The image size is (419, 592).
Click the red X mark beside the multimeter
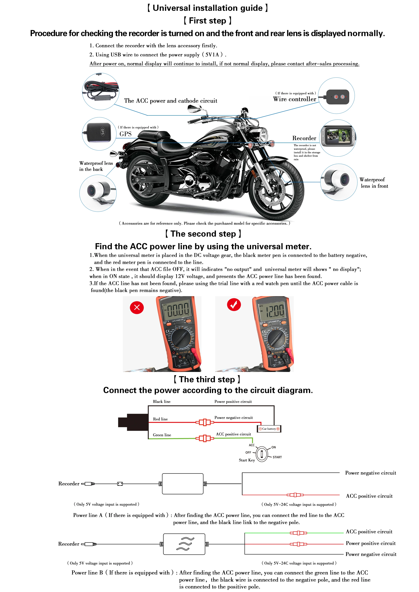(x=137, y=307)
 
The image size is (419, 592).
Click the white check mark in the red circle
(x=234, y=305)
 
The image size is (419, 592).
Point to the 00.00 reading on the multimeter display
(x=178, y=311)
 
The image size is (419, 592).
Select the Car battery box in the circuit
(x=269, y=429)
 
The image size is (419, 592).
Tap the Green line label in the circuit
(x=162, y=435)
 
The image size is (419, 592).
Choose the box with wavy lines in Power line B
(x=184, y=544)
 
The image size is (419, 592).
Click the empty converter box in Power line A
(x=182, y=484)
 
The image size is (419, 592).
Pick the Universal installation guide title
(x=208, y=8)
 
